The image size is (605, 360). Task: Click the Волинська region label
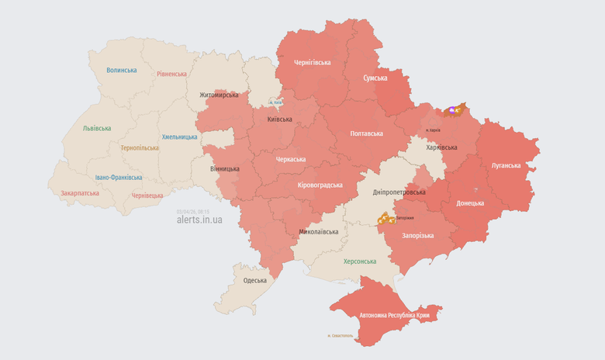(122, 70)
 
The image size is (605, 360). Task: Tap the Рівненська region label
(171, 74)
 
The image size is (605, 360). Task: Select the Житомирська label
(219, 95)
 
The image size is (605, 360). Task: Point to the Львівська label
(97, 128)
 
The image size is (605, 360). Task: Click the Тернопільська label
(140, 147)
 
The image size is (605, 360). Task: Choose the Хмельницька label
(179, 137)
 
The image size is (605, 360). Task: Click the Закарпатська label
(80, 192)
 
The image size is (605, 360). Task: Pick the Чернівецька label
(147, 196)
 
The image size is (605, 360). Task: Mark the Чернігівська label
(312, 62)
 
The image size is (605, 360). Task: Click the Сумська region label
(375, 78)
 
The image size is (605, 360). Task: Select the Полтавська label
(367, 133)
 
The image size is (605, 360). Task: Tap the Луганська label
(506, 165)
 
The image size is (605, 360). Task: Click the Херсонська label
(359, 261)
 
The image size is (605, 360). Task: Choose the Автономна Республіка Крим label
(394, 316)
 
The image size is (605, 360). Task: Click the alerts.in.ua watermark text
(199, 220)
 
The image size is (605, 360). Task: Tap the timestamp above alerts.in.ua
(192, 210)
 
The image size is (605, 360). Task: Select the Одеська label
(254, 280)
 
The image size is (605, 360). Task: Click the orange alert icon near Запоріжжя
(385, 220)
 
